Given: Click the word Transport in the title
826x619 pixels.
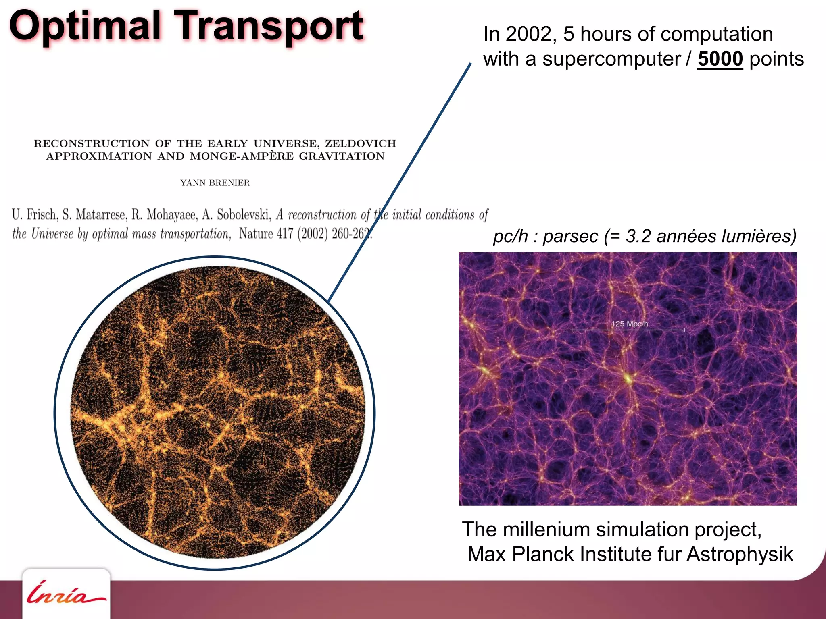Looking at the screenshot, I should click(x=270, y=26).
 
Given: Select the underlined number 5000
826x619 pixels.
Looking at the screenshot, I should click(x=720, y=59).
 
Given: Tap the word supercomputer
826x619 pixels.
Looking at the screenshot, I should click(x=611, y=59).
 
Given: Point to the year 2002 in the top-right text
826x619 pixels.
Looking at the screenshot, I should click(x=528, y=34).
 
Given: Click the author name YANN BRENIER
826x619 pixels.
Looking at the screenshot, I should click(x=215, y=183).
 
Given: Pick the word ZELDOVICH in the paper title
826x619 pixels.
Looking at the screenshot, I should click(x=361, y=143).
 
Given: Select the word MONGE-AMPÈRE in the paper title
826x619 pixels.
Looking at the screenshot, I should click(x=242, y=156).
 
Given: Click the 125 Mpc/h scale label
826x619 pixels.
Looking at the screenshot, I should click(x=629, y=324).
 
